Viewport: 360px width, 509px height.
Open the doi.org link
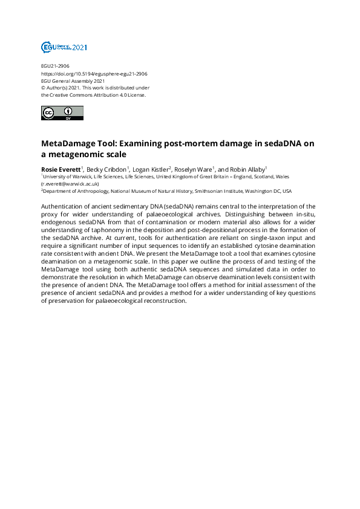[94, 73]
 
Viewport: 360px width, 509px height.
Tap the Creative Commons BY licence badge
[62, 113]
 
